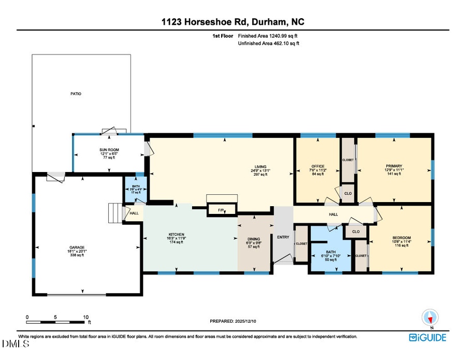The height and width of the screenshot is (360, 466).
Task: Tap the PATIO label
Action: pyautogui.click(x=76, y=94)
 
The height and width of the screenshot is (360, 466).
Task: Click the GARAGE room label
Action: pyautogui.click(x=78, y=248)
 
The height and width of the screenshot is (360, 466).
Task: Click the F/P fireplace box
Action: pyautogui.click(x=221, y=210)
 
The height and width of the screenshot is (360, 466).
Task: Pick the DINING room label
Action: pyautogui.click(x=254, y=239)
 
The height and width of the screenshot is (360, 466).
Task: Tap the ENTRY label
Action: pyautogui.click(x=283, y=237)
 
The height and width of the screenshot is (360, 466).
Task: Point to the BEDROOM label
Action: pyautogui.click(x=401, y=238)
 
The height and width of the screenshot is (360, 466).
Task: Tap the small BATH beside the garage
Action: pyautogui.click(x=136, y=186)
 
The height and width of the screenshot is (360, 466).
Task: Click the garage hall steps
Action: pyautogui.click(x=114, y=212)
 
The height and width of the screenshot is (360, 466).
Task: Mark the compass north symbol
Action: pyautogui.click(x=430, y=318)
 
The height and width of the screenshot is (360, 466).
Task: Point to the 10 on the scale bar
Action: pyautogui.click(x=86, y=317)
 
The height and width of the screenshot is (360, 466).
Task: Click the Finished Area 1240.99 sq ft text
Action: pyautogui.click(x=268, y=36)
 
